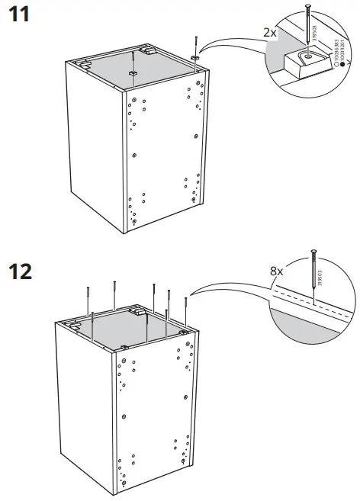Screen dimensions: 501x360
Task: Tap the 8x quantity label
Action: click(275, 271)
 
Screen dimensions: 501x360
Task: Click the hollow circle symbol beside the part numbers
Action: click(333, 76)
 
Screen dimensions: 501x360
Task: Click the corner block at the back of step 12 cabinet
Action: click(139, 310)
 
